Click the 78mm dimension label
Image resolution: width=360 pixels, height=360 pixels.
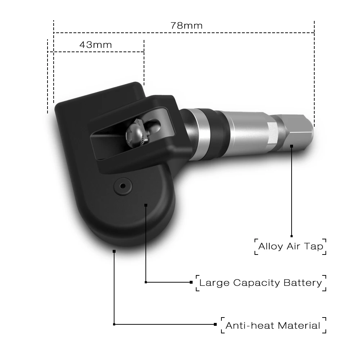[x=186, y=26]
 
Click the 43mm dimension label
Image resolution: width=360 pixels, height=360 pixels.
[x=95, y=45]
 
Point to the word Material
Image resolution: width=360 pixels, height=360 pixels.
[x=298, y=326]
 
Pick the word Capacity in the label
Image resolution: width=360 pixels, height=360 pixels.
[x=256, y=283]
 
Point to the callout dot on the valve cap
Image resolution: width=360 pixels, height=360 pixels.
[x=292, y=146]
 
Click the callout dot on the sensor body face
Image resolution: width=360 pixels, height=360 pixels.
[x=146, y=205]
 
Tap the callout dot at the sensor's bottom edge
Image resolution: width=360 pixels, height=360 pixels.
[x=114, y=251]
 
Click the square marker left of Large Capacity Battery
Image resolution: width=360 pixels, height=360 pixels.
[x=191, y=282]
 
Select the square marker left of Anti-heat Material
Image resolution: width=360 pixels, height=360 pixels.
[x=215, y=324]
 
